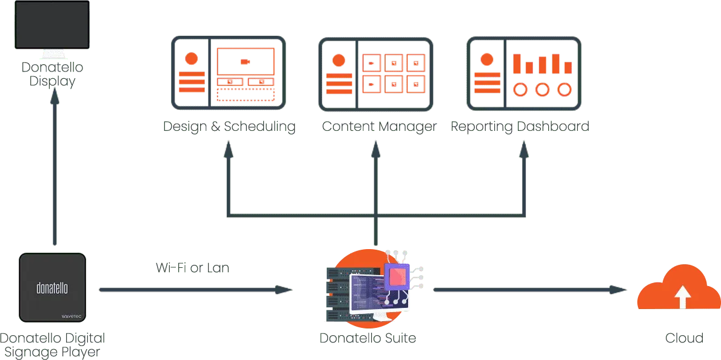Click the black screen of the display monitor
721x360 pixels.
53,24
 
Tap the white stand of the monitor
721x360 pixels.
53,55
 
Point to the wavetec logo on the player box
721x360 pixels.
72,316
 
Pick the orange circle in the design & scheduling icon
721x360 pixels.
192,59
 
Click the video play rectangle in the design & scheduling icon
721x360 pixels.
246,61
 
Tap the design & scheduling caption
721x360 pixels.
228,126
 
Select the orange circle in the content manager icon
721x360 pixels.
338,61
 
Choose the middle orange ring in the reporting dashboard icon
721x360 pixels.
542,90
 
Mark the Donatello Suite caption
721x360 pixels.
369,337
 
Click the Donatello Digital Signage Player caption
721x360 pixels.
53,342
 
